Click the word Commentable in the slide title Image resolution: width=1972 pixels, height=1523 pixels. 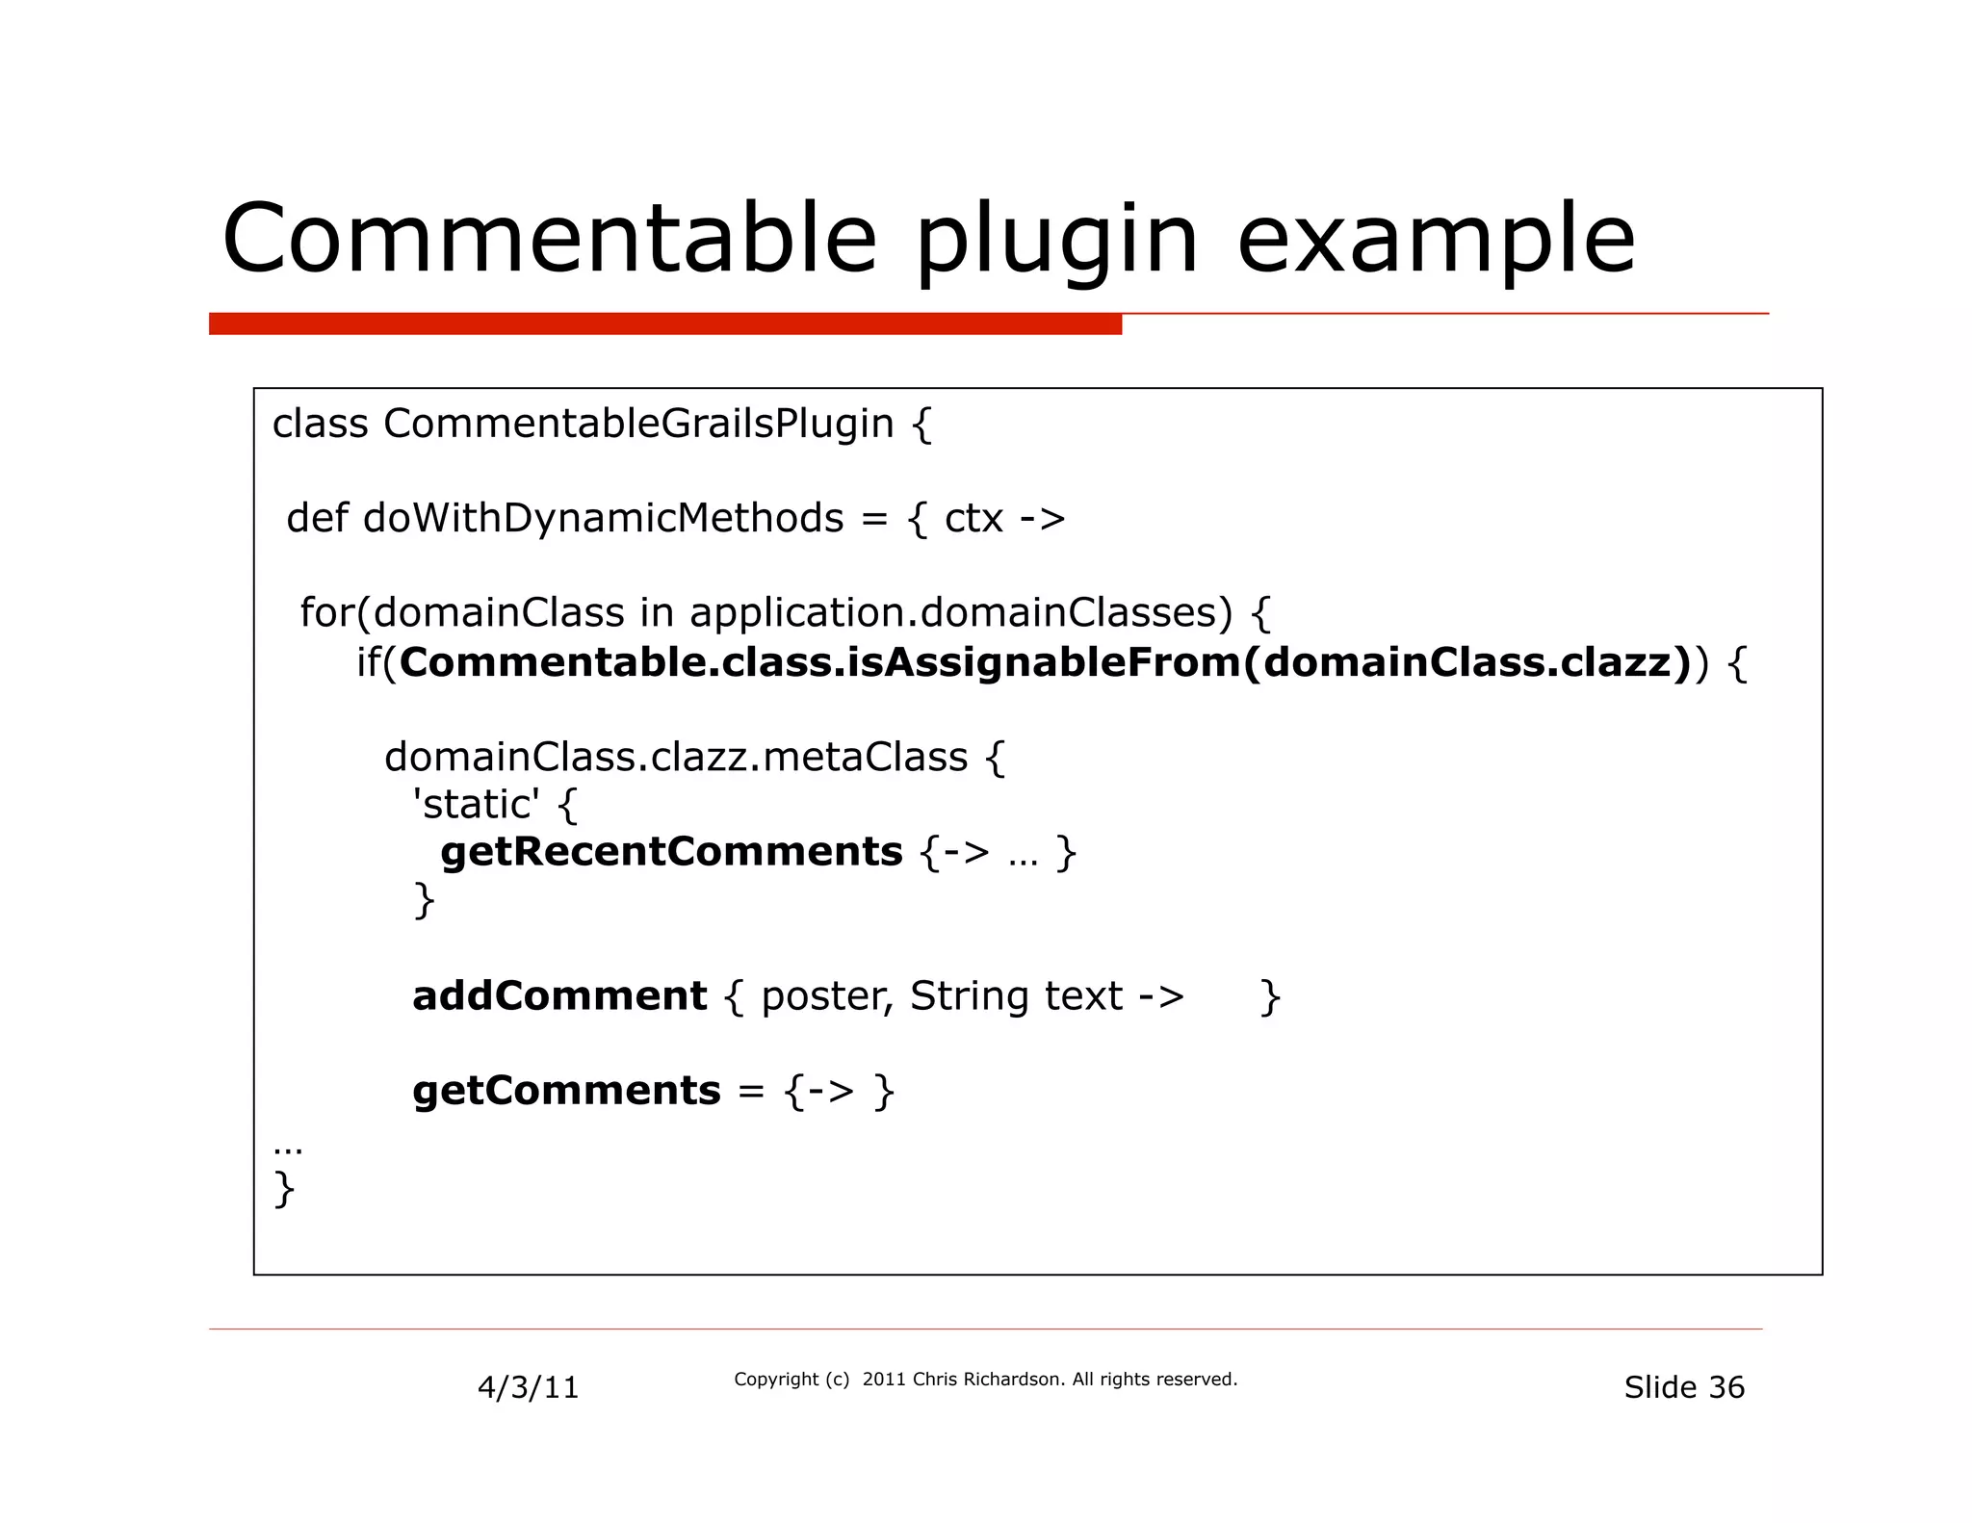point(549,238)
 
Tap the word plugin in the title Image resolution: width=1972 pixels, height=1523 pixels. point(1056,241)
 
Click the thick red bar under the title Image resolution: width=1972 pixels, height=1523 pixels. point(664,324)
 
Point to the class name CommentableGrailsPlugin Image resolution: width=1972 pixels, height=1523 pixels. point(638,424)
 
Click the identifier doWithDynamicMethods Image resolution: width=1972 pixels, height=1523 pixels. point(603,518)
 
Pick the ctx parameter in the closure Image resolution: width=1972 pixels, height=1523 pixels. point(973,519)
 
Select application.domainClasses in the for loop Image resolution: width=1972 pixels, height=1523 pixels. point(960,612)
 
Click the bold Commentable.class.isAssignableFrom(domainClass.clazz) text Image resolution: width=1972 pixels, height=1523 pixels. point(1045,662)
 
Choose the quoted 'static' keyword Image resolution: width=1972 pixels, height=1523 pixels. point(477,804)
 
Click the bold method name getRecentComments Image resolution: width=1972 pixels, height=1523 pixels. point(671,852)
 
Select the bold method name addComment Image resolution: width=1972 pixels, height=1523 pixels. point(559,995)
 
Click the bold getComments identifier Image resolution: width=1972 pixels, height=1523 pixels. point(566,1091)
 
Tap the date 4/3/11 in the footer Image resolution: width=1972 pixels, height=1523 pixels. point(528,1387)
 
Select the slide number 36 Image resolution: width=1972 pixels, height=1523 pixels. point(1725,1387)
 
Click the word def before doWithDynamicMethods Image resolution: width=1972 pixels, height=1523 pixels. point(317,518)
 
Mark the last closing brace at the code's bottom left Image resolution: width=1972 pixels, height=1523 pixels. point(284,1189)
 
